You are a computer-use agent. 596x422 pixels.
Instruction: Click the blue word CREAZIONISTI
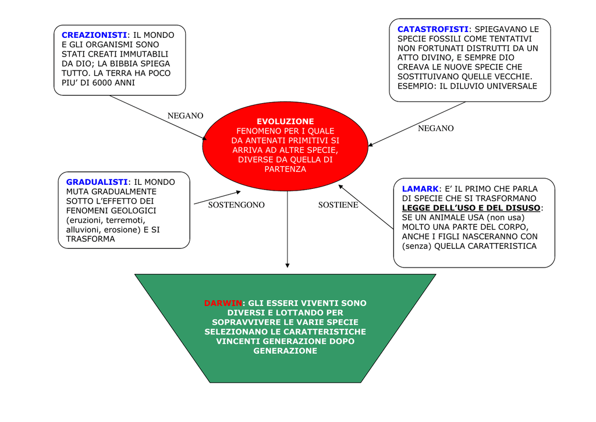tap(94, 35)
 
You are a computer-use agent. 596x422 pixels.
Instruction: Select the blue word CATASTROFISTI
tap(433, 29)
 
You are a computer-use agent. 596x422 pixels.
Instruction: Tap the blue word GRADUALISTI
tap(97, 182)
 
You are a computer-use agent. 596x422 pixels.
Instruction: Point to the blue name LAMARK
tap(420, 189)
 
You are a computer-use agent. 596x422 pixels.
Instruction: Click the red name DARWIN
tap(223, 303)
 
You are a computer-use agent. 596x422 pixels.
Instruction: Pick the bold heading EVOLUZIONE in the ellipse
tap(285, 121)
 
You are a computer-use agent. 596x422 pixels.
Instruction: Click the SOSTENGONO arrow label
tap(236, 205)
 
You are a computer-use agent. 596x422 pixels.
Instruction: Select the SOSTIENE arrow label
tap(338, 205)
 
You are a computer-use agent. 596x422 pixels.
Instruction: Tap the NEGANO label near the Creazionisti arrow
tap(186, 115)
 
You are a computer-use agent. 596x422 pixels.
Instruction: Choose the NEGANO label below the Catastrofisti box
tap(436, 128)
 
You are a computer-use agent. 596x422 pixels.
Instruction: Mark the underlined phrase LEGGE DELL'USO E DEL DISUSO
tap(471, 208)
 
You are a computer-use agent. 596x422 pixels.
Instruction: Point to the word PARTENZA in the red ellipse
tap(285, 169)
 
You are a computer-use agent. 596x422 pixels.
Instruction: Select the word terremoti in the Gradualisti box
tap(126, 220)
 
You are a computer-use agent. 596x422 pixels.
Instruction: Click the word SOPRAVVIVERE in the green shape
tap(247, 322)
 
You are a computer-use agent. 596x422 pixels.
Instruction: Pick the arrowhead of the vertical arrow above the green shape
tap(288, 265)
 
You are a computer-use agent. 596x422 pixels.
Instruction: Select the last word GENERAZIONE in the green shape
tap(285, 351)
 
